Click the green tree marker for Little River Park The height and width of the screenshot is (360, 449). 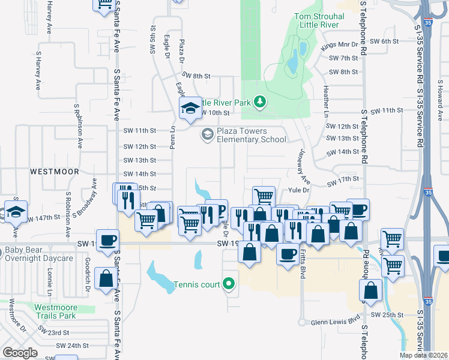coord(260,101)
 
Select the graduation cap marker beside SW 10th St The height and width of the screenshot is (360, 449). coord(190,109)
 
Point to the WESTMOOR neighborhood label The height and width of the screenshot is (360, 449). coord(55,171)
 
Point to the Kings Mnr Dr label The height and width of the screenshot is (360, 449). coord(339,45)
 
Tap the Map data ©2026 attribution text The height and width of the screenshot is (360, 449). coord(423,355)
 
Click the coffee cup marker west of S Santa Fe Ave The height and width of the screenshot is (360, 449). coord(107,240)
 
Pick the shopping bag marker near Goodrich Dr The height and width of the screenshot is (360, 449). coord(106,279)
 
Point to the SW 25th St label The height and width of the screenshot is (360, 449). coord(385,315)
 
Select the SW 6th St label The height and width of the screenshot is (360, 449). coord(385,41)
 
